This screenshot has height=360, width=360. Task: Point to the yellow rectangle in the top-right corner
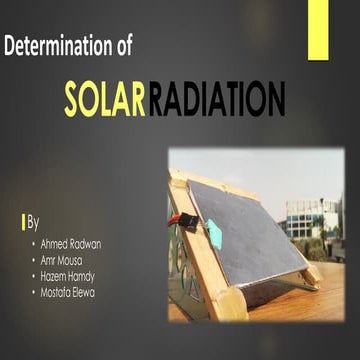pyautogui.click(x=317, y=30)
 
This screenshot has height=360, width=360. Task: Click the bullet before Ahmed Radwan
pyautogui.click(x=33, y=243)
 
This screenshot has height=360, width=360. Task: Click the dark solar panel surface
pyautogui.click(x=250, y=235)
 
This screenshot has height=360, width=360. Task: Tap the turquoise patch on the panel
pyautogui.click(x=214, y=233)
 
